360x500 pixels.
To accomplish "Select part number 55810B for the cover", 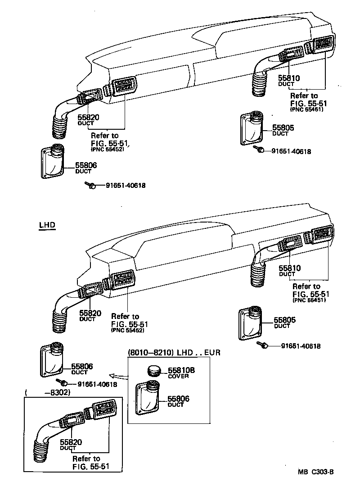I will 181,370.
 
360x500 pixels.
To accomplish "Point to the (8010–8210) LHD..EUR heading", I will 175,352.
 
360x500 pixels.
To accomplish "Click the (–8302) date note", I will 49,392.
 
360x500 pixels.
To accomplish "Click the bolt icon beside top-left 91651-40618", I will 90,185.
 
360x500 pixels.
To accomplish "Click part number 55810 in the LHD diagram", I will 289,268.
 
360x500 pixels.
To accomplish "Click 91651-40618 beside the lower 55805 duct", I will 301,346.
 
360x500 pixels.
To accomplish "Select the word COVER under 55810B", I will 178,376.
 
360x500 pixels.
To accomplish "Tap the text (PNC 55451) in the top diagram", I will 306,109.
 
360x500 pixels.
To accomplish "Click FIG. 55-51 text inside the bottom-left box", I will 90,466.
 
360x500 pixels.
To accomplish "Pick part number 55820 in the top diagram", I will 88,117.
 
